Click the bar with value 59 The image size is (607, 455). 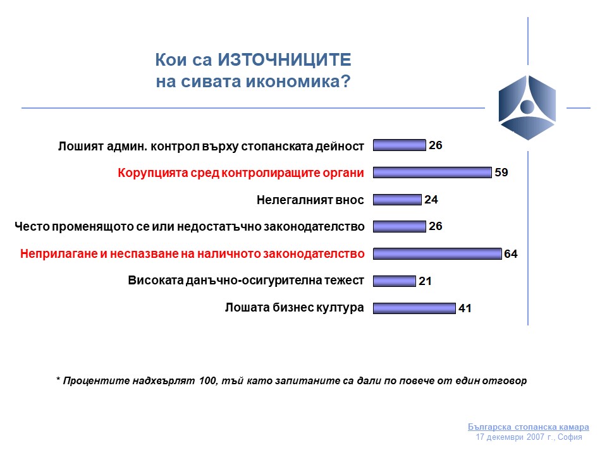432,173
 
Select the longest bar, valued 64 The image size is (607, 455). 438,254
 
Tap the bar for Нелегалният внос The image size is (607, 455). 397,200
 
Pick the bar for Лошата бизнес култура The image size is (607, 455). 414,308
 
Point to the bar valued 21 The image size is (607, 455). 395,281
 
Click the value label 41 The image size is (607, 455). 465,308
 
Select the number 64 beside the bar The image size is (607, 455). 511,254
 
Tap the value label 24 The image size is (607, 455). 431,200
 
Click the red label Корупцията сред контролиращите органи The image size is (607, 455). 241,173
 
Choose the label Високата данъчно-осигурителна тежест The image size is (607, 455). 246,281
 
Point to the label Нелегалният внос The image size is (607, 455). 310,200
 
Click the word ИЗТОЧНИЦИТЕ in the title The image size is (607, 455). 285,60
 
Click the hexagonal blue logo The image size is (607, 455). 527,107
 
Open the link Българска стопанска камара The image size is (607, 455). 529,427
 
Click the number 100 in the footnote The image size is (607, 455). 207,380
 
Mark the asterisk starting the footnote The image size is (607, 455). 58,379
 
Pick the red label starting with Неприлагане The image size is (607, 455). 192,254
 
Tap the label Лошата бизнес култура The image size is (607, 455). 295,308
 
